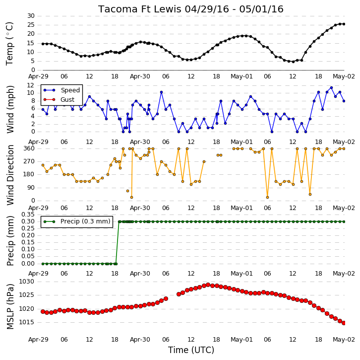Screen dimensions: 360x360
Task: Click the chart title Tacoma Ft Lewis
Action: pyautogui.click(x=140, y=9)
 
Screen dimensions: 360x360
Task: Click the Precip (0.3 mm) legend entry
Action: pyautogui.click(x=77, y=221)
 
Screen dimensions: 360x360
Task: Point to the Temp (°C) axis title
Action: pyautogui.click(x=9, y=44)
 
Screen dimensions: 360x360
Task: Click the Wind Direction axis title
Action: pyautogui.click(x=10, y=175)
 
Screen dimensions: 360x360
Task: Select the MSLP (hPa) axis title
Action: pyautogui.click(x=10, y=306)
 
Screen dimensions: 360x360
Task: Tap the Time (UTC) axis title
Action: pyautogui.click(x=191, y=350)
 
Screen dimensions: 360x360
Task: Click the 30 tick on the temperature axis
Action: pyautogui.click(x=31, y=16)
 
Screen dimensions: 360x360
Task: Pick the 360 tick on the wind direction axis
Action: pyautogui.click(x=29, y=148)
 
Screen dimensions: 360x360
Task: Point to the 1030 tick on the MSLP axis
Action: pyautogui.click(x=26, y=282)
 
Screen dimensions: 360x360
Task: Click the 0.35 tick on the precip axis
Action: pyautogui.click(x=28, y=215)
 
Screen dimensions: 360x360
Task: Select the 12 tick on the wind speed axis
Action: pyautogui.click(x=31, y=85)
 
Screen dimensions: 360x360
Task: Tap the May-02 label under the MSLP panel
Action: pyautogui.click(x=344, y=340)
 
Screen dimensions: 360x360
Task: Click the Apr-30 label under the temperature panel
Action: pyautogui.click(x=140, y=76)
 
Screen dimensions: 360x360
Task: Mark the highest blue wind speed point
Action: pyautogui.click(x=331, y=87)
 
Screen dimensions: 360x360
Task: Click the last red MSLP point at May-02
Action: pyautogui.click(x=344, y=323)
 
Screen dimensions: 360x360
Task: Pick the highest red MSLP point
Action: pyautogui.click(x=208, y=285)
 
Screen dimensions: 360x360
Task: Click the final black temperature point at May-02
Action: pyautogui.click(x=344, y=24)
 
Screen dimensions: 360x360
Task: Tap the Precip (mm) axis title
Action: pyautogui.click(x=10, y=241)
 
